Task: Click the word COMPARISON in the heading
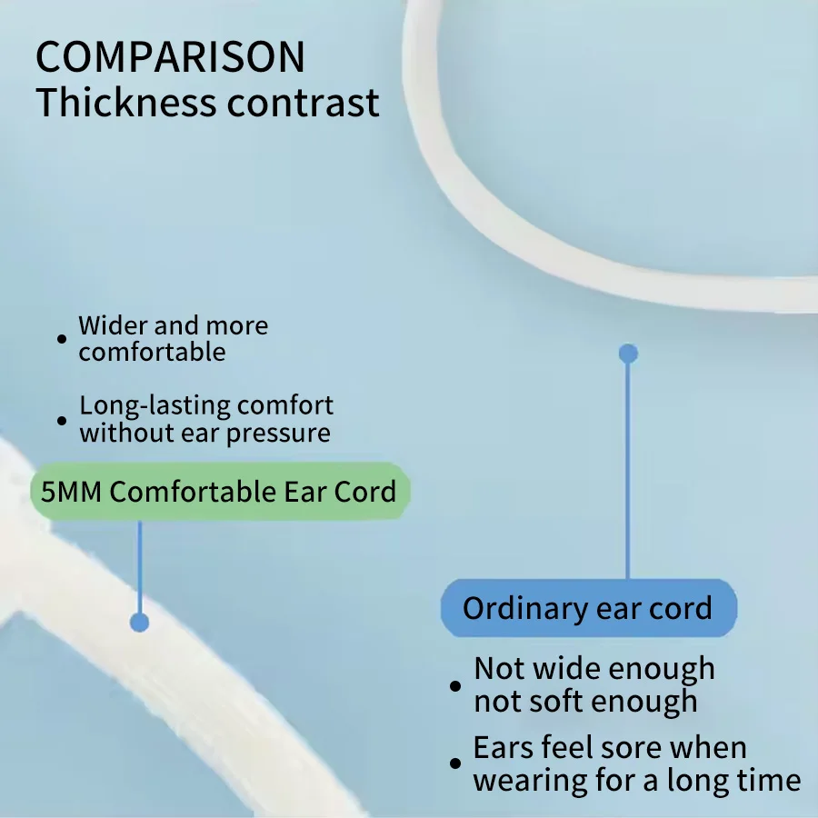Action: pyautogui.click(x=170, y=57)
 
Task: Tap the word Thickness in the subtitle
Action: pyautogui.click(x=125, y=102)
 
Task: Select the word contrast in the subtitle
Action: pyautogui.click(x=303, y=103)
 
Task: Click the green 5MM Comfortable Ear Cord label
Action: pyautogui.click(x=220, y=491)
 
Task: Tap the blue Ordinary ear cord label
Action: pyautogui.click(x=588, y=608)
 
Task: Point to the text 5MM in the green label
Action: pyautogui.click(x=71, y=492)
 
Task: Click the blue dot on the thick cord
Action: pyautogui.click(x=139, y=623)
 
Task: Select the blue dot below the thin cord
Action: pyautogui.click(x=628, y=354)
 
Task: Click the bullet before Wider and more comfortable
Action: pyautogui.click(x=62, y=339)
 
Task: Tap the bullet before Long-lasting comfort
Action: pyautogui.click(x=62, y=421)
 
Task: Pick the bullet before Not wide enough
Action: pyautogui.click(x=455, y=685)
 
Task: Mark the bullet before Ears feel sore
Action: pyautogui.click(x=455, y=763)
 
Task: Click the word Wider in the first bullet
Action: pyautogui.click(x=114, y=325)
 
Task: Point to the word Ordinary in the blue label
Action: pyautogui.click(x=525, y=609)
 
